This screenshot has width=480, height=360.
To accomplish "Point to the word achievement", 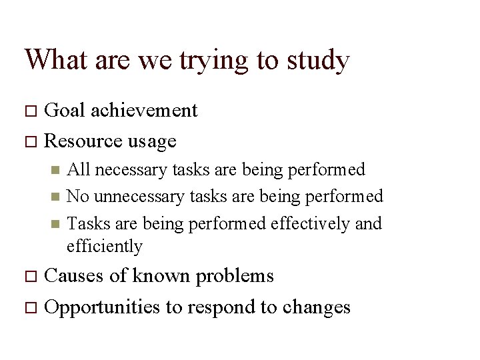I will [145, 110].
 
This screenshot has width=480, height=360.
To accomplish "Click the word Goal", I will [64, 110].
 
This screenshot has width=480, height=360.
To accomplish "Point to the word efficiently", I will [105, 247].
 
